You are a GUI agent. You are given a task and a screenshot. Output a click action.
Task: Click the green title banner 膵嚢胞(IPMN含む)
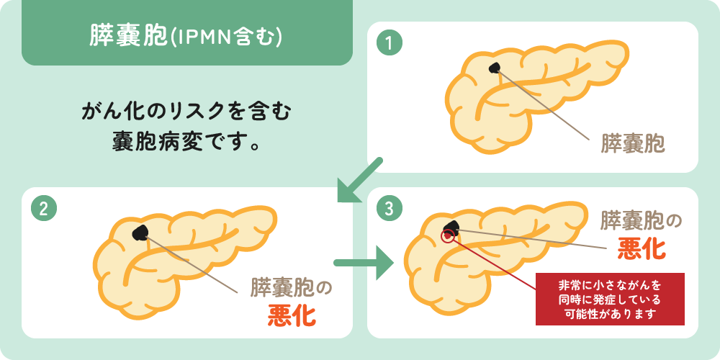[x=187, y=32]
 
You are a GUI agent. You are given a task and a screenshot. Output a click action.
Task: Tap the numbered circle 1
[x=389, y=44]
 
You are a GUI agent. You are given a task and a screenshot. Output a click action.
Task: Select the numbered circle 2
[x=44, y=210]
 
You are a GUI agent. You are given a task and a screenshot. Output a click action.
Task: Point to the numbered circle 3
[x=389, y=210]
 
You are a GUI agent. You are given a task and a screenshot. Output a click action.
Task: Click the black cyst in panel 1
[x=495, y=68]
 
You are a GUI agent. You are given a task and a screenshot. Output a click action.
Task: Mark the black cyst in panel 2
[x=140, y=233]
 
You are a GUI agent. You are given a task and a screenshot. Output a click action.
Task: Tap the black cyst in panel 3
[x=451, y=226]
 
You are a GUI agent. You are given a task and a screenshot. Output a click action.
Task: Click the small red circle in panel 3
[x=447, y=236]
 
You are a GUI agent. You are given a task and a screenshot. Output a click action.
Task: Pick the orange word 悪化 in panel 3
[x=642, y=248]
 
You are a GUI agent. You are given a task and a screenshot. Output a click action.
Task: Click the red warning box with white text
[x=610, y=299]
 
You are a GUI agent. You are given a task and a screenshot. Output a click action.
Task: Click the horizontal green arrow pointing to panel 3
[x=364, y=263]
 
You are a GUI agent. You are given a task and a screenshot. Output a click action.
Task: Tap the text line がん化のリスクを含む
[x=186, y=113]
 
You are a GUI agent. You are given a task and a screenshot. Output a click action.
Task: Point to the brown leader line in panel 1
[x=544, y=104]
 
